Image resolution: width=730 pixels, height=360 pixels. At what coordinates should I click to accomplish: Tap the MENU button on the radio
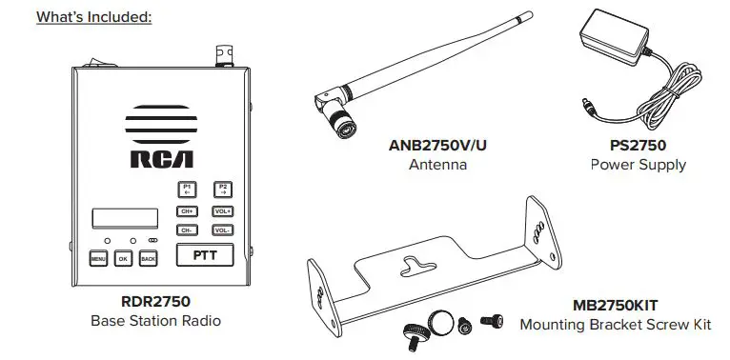[98, 258]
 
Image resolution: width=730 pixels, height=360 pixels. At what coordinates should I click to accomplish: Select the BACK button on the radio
[148, 258]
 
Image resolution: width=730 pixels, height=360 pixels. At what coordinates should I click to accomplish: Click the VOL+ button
[222, 210]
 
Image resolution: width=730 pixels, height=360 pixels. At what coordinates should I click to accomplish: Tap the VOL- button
[222, 230]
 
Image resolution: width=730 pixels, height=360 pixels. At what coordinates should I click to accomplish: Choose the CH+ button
[186, 210]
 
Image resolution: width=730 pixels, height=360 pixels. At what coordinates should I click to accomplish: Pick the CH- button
[186, 230]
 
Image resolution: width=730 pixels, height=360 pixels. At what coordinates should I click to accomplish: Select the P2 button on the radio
[222, 189]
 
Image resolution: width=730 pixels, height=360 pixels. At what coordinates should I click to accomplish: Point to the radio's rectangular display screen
[124, 217]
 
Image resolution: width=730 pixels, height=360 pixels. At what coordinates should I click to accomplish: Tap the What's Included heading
[94, 17]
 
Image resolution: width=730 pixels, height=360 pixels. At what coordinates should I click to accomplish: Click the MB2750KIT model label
[615, 306]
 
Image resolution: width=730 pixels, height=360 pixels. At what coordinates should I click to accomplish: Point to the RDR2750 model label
[155, 302]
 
